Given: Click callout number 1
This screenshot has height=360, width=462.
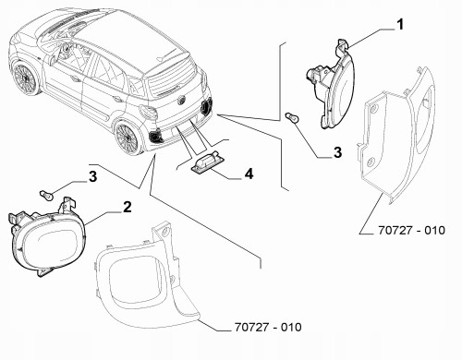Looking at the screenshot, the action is (399, 24).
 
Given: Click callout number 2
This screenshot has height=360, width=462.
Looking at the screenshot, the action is (127, 207).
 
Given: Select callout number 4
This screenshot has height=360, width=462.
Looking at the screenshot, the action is (249, 174).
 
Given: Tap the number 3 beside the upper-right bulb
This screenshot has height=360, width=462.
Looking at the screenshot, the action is (338, 152).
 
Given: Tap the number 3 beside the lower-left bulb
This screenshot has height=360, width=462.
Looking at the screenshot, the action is (92, 177).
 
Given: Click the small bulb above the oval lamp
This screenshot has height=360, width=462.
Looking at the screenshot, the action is (47, 195).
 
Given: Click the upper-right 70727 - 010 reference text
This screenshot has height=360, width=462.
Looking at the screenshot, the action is (411, 230).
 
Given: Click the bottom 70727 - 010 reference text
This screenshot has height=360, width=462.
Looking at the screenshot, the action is (268, 327).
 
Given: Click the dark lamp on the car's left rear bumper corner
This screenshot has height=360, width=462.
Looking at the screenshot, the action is (156, 136).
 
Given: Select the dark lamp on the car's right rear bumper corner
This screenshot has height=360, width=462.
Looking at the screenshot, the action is (206, 105).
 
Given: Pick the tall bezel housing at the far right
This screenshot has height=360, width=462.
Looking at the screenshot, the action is (397, 136).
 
